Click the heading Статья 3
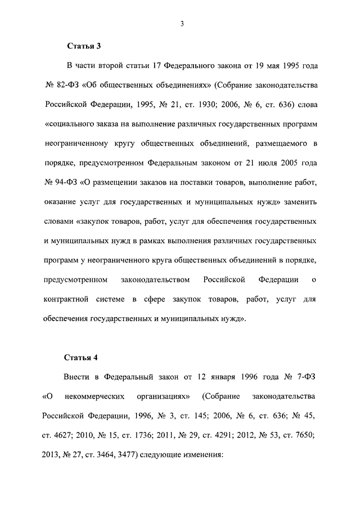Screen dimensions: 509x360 [x=84, y=45]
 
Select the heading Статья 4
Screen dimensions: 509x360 [x=84, y=357]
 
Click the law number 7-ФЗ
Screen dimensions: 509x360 [x=307, y=377]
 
